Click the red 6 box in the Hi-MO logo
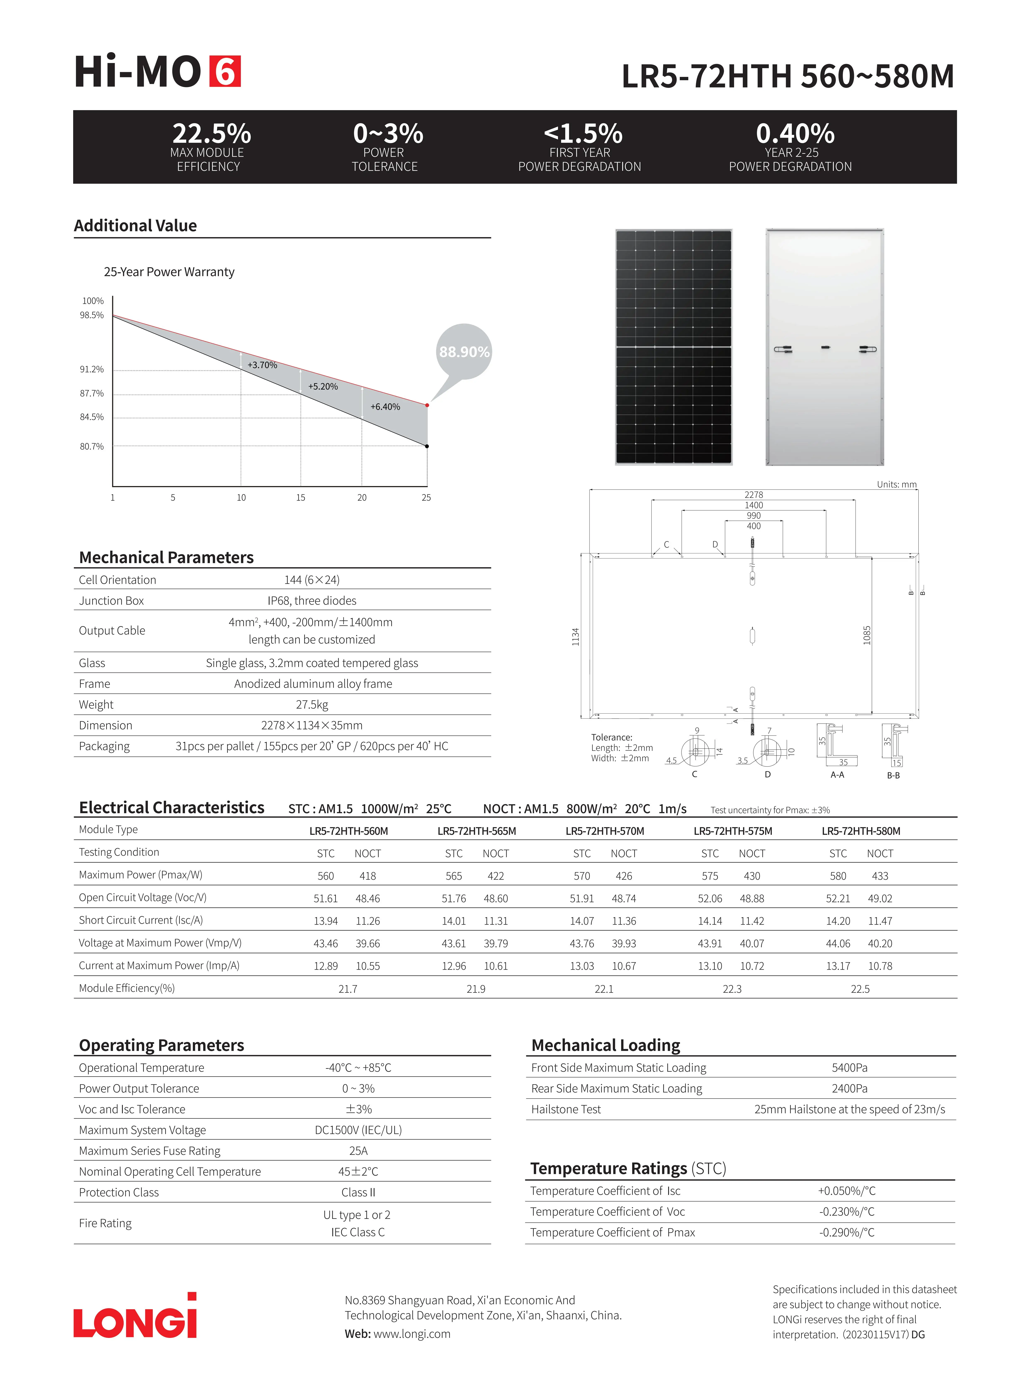(x=225, y=72)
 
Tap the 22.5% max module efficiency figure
(x=212, y=134)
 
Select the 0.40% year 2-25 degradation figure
(x=795, y=134)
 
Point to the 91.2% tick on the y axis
(x=92, y=369)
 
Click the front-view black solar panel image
(x=673, y=347)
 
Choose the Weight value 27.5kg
(x=312, y=704)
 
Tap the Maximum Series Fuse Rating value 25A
(x=358, y=1151)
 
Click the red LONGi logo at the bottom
(x=135, y=1317)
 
